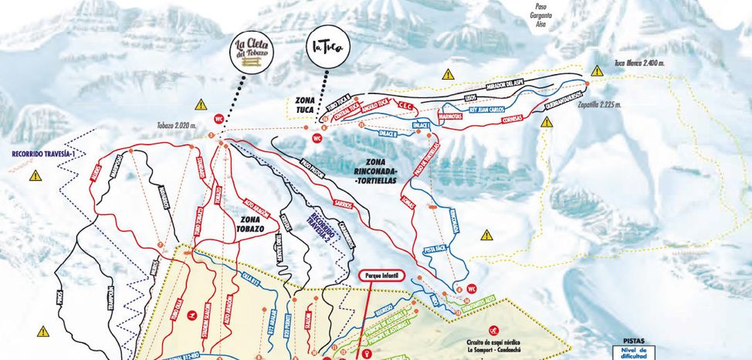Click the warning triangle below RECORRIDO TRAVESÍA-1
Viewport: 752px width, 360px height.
[35, 176]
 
